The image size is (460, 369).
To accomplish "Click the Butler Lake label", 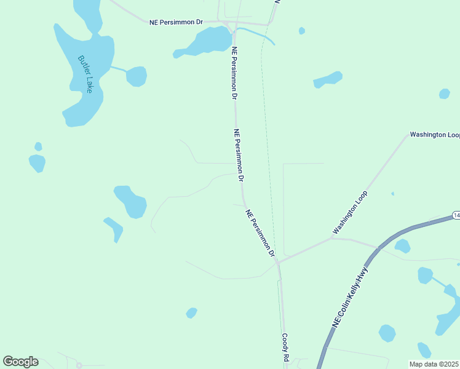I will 85,74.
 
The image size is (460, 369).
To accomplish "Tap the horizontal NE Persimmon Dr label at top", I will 176,22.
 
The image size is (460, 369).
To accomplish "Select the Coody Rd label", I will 285,347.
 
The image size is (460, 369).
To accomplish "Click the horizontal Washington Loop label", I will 435,134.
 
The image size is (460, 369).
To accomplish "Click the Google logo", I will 20,362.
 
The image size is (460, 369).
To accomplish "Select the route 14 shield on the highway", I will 456,215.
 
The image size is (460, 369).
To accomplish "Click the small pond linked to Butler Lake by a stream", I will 137,76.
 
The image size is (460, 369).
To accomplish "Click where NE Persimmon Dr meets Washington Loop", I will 278,263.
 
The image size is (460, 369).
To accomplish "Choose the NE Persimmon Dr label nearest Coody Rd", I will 260,232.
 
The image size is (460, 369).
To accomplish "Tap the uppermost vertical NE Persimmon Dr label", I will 234,73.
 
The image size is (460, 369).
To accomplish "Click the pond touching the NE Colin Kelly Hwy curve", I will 402,246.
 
